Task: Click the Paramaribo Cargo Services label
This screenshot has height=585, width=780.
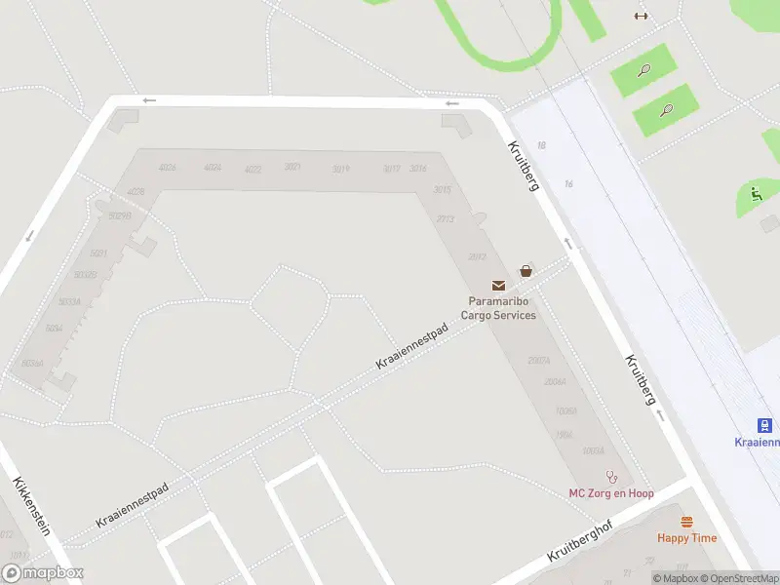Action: (x=502, y=308)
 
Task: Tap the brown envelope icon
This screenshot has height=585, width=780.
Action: (x=499, y=285)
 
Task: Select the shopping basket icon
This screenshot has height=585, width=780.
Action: (x=526, y=271)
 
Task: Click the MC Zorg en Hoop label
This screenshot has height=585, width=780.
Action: (x=611, y=493)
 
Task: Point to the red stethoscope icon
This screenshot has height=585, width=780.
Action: (x=612, y=478)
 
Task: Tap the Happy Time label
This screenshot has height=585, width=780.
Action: (x=686, y=538)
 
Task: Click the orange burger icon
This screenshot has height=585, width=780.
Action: (x=686, y=522)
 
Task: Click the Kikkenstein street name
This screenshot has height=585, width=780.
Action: (x=31, y=506)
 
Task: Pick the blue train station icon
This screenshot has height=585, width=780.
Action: (x=766, y=425)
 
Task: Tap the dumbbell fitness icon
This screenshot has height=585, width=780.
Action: (x=641, y=15)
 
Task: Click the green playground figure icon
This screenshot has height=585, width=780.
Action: (x=757, y=193)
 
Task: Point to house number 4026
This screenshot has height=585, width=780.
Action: (x=167, y=168)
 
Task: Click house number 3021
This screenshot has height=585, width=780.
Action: (x=292, y=168)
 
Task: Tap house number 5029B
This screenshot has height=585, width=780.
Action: (x=120, y=215)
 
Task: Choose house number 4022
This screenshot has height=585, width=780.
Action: (x=253, y=170)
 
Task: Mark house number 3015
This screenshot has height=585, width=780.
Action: (x=443, y=189)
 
